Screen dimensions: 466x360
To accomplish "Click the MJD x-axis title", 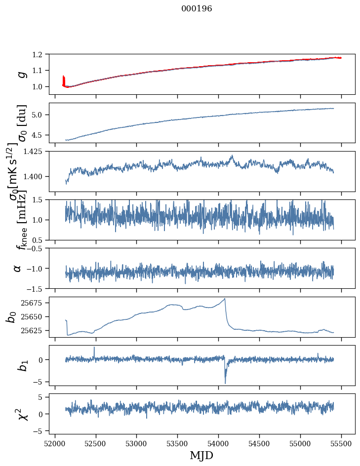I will click(201, 455).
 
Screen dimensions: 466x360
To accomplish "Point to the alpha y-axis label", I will click(18, 268).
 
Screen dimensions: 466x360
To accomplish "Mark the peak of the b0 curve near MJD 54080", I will click(225, 298).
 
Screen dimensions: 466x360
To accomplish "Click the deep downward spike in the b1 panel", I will click(225, 383).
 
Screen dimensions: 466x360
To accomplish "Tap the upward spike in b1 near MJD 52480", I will click(94, 347).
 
